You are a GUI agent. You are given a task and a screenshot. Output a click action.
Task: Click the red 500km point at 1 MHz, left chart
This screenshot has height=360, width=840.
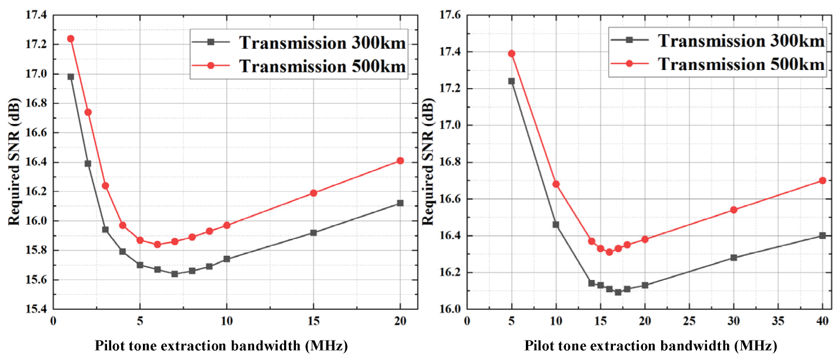pyautogui.click(x=71, y=39)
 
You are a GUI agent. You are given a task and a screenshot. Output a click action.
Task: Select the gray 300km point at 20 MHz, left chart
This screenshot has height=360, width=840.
pyautogui.click(x=401, y=203)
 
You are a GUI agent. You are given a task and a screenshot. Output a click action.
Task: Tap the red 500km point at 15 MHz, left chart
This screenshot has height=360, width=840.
pyautogui.click(x=314, y=193)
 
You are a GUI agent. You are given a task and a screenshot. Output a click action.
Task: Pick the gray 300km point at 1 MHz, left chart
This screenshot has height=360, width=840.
pyautogui.click(x=71, y=76)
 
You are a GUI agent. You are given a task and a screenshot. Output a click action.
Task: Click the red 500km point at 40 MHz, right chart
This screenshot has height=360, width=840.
pyautogui.click(x=822, y=181)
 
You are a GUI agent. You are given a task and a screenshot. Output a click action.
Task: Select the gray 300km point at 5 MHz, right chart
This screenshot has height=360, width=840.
pyautogui.click(x=511, y=81)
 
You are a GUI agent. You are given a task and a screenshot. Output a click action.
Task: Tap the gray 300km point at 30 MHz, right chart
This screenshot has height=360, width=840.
pyautogui.click(x=734, y=258)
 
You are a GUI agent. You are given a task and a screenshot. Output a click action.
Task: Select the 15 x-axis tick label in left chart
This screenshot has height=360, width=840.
pyautogui.click(x=314, y=321)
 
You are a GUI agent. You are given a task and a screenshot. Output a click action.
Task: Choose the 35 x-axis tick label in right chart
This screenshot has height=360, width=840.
pyautogui.click(x=778, y=321)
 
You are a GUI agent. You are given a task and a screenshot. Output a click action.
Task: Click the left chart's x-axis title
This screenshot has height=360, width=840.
pyautogui.click(x=221, y=346)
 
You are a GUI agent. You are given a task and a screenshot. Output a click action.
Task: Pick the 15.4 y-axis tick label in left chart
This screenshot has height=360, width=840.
pyautogui.click(x=36, y=309)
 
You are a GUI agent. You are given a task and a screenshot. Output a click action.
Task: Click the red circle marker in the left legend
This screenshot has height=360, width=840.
pyautogui.click(x=214, y=67)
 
